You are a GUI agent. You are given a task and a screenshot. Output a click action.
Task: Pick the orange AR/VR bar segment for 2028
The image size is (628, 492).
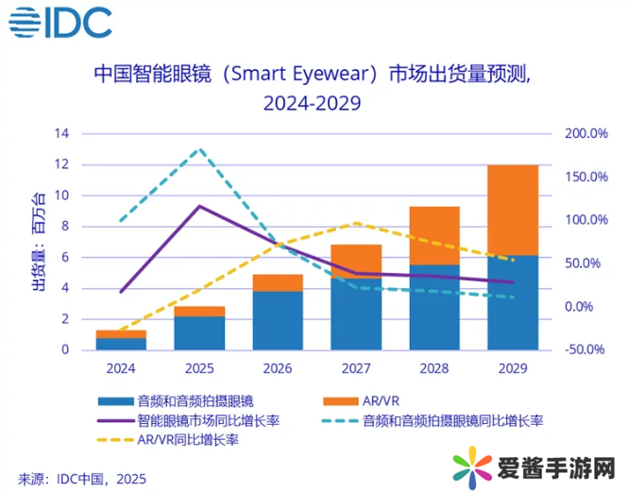(x=435, y=235)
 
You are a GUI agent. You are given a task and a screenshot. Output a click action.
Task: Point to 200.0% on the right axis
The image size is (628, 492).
(x=586, y=134)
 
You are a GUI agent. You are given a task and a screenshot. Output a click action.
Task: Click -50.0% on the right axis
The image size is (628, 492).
(x=586, y=349)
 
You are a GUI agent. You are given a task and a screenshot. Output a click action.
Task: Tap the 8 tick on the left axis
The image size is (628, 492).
(x=65, y=227)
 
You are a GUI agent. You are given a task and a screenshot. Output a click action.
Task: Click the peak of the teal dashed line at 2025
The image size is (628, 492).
(x=198, y=149)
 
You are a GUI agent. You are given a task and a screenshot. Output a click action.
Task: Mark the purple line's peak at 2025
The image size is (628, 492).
(x=198, y=206)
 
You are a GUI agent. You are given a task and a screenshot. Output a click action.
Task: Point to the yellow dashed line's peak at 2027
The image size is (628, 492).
(x=355, y=223)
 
